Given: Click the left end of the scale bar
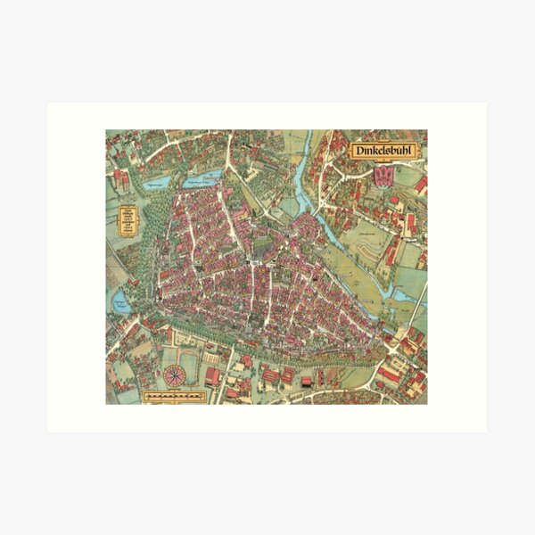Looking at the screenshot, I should click(x=145, y=393).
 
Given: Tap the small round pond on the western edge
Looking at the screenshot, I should click(x=121, y=303).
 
